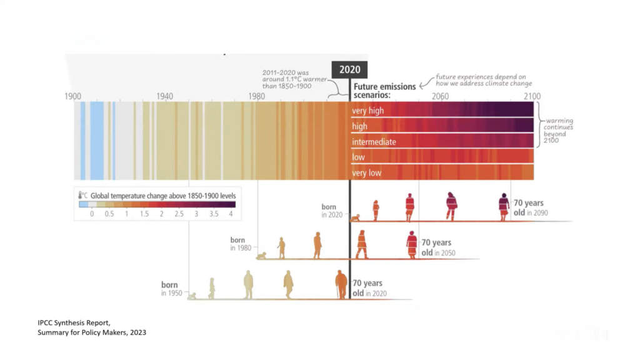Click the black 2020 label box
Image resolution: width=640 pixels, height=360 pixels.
pos(349,70)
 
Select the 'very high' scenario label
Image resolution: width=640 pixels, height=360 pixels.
pos(367,111)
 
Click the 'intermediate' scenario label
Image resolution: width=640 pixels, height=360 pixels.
pos(374,142)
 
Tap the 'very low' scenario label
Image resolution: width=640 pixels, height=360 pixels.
pos(366,173)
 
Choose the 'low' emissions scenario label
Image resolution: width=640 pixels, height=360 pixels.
pos(358,157)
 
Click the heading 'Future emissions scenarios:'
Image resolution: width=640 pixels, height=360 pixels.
pos(384,91)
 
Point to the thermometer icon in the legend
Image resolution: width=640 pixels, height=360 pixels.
pos(81,196)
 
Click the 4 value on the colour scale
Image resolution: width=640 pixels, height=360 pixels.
pos(231,214)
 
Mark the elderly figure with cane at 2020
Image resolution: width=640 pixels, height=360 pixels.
pos(341,284)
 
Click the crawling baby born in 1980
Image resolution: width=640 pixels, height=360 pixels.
pos(261,255)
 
